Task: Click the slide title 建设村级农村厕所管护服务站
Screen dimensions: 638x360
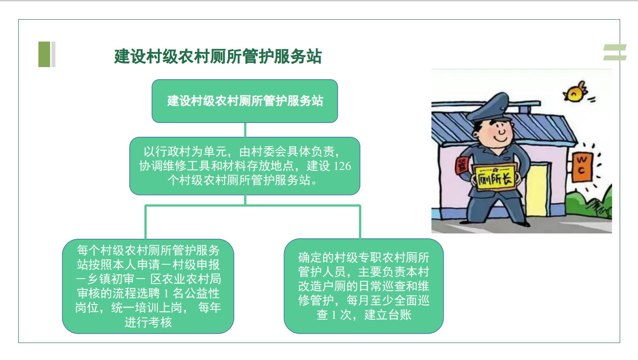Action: [218, 56]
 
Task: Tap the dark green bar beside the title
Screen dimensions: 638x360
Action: [44, 55]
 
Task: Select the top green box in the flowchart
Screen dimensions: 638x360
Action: [245, 101]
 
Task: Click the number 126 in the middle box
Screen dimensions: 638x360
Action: [342, 166]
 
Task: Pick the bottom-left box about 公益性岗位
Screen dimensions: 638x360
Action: [148, 286]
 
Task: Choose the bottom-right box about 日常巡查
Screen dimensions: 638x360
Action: [364, 286]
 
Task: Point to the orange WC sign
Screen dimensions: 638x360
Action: [582, 167]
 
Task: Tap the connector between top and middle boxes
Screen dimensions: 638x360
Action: [245, 130]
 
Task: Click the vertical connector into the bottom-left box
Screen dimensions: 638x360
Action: [146, 222]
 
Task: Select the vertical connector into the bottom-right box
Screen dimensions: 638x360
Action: [360, 222]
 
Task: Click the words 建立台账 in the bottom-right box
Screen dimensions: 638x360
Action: [388, 315]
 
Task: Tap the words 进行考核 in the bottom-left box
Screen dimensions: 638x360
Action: [148, 322]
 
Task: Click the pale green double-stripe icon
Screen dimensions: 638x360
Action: [615, 52]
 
